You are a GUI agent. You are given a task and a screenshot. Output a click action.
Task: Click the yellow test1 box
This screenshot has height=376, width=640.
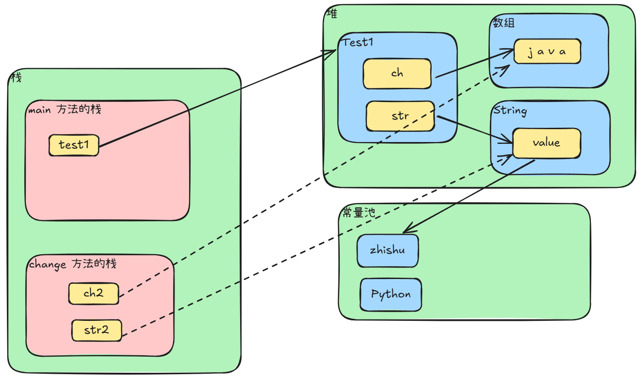[x=74, y=145]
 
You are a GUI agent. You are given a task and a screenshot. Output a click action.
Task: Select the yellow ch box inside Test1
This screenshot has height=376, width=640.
[x=397, y=74]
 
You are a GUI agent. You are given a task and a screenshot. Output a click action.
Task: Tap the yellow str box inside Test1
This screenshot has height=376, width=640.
[x=400, y=116]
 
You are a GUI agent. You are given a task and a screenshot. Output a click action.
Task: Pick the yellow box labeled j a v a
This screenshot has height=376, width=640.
[x=547, y=51]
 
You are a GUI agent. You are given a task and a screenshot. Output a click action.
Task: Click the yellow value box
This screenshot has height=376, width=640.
[x=546, y=143]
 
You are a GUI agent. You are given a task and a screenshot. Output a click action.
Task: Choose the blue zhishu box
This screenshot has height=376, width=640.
[x=387, y=251]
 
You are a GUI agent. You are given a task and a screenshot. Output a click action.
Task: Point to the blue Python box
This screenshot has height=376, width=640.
[x=391, y=295]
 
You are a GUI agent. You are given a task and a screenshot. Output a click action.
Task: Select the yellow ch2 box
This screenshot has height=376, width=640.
[x=94, y=293]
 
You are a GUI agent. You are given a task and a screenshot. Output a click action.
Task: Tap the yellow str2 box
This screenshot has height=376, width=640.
[x=96, y=330]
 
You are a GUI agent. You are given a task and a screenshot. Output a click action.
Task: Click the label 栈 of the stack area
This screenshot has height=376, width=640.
[x=16, y=78]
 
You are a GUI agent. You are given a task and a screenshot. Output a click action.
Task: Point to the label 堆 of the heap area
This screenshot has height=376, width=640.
[x=331, y=14]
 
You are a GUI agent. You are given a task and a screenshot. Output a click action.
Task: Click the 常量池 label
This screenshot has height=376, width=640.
[x=359, y=212]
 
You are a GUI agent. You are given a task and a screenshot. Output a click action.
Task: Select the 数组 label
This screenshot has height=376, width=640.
[x=504, y=23]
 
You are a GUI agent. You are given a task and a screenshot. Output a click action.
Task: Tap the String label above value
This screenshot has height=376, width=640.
[x=510, y=111]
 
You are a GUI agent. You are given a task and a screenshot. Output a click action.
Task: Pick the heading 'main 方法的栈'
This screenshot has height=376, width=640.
[x=64, y=110]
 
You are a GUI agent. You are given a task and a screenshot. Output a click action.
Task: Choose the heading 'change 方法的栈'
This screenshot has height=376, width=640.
[x=73, y=264]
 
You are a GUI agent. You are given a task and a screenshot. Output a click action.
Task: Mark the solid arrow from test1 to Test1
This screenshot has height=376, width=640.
[x=216, y=98]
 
